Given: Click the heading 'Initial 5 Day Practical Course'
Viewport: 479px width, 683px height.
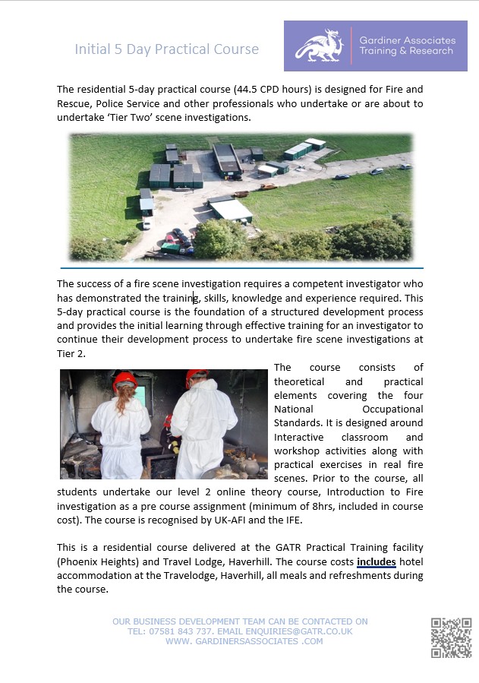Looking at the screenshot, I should point(166,49).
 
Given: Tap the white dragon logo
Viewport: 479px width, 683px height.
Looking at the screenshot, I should point(319,46).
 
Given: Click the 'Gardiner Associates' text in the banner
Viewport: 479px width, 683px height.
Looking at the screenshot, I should point(408,40).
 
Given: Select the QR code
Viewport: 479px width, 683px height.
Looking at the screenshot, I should point(451,637).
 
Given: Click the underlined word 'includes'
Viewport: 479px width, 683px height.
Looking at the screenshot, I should point(377,562).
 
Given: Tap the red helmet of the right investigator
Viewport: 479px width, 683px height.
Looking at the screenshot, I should point(197,377).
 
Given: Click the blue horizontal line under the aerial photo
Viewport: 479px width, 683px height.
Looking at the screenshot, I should point(241,268).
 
